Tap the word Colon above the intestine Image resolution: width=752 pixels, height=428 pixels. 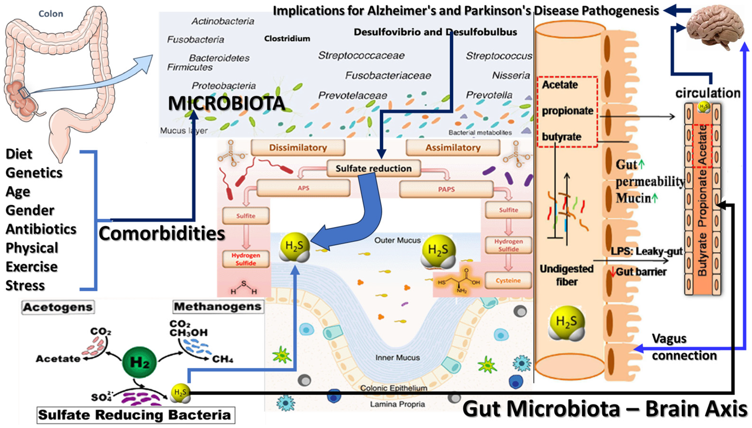51,14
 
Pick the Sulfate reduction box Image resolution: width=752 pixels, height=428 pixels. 373,168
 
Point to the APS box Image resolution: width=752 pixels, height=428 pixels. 303,188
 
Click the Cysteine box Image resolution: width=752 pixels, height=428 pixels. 508,280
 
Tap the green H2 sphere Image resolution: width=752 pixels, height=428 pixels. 139,362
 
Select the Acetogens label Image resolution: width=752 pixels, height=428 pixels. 58,307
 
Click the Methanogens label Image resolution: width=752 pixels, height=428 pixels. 218,306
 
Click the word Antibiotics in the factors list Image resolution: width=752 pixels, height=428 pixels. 41,229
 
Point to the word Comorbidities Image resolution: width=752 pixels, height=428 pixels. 162,234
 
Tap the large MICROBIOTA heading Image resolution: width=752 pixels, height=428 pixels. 226,103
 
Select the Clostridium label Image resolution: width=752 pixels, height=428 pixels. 287,39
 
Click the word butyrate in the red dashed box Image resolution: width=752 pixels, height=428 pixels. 561,137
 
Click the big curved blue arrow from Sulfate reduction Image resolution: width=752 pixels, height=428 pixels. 359,220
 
